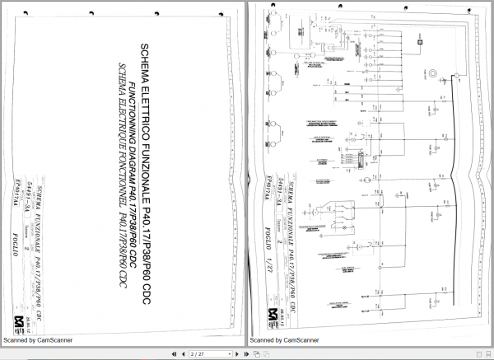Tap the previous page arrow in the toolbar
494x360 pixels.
coord(183,353)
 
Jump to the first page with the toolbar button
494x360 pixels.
coord(173,353)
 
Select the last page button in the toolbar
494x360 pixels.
coord(246,353)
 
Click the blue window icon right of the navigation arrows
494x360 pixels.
coord(257,353)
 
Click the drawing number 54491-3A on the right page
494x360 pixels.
coord(281,189)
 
